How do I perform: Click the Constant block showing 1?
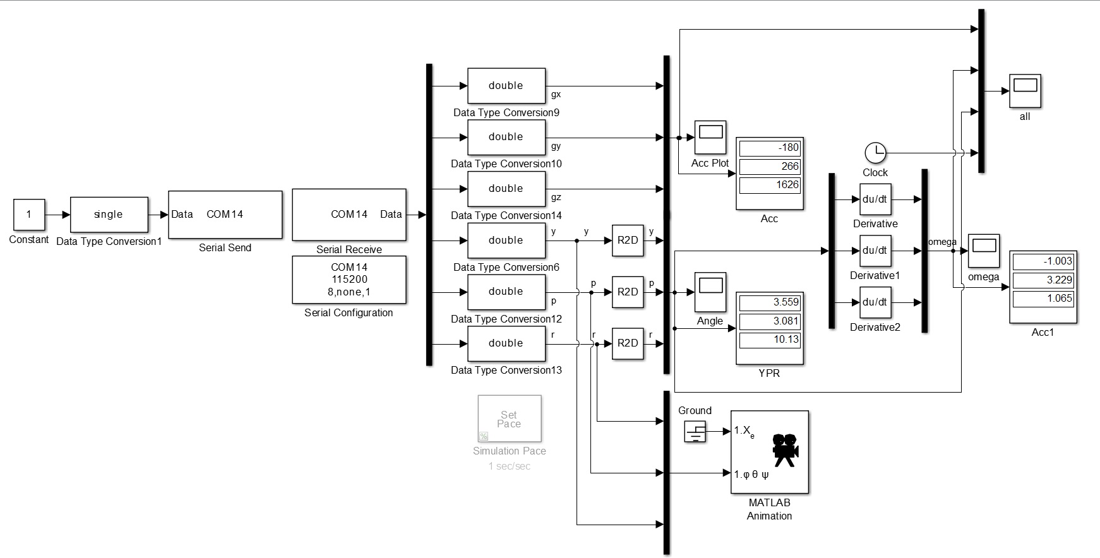[x=29, y=215]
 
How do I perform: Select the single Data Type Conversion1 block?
[x=109, y=215]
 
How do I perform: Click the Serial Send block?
[x=225, y=215]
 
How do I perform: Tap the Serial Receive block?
[x=349, y=215]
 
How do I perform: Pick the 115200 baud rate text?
[x=349, y=279]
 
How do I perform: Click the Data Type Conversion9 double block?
[x=506, y=86]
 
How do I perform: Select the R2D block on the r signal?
[x=628, y=343]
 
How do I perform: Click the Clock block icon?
[x=875, y=153]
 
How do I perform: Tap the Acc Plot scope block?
[x=710, y=137]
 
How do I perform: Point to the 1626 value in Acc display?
[x=770, y=185]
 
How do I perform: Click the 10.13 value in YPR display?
[x=770, y=340]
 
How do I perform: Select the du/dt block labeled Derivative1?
[x=875, y=251]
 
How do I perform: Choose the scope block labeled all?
[x=1025, y=91]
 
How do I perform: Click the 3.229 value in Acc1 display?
[x=1043, y=280]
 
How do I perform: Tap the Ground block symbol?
[x=695, y=432]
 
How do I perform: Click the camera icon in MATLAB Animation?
[x=786, y=450]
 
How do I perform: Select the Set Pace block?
[x=509, y=418]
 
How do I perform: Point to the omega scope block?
[x=984, y=251]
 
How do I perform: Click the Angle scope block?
[x=710, y=292]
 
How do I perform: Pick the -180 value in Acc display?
[x=770, y=148]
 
